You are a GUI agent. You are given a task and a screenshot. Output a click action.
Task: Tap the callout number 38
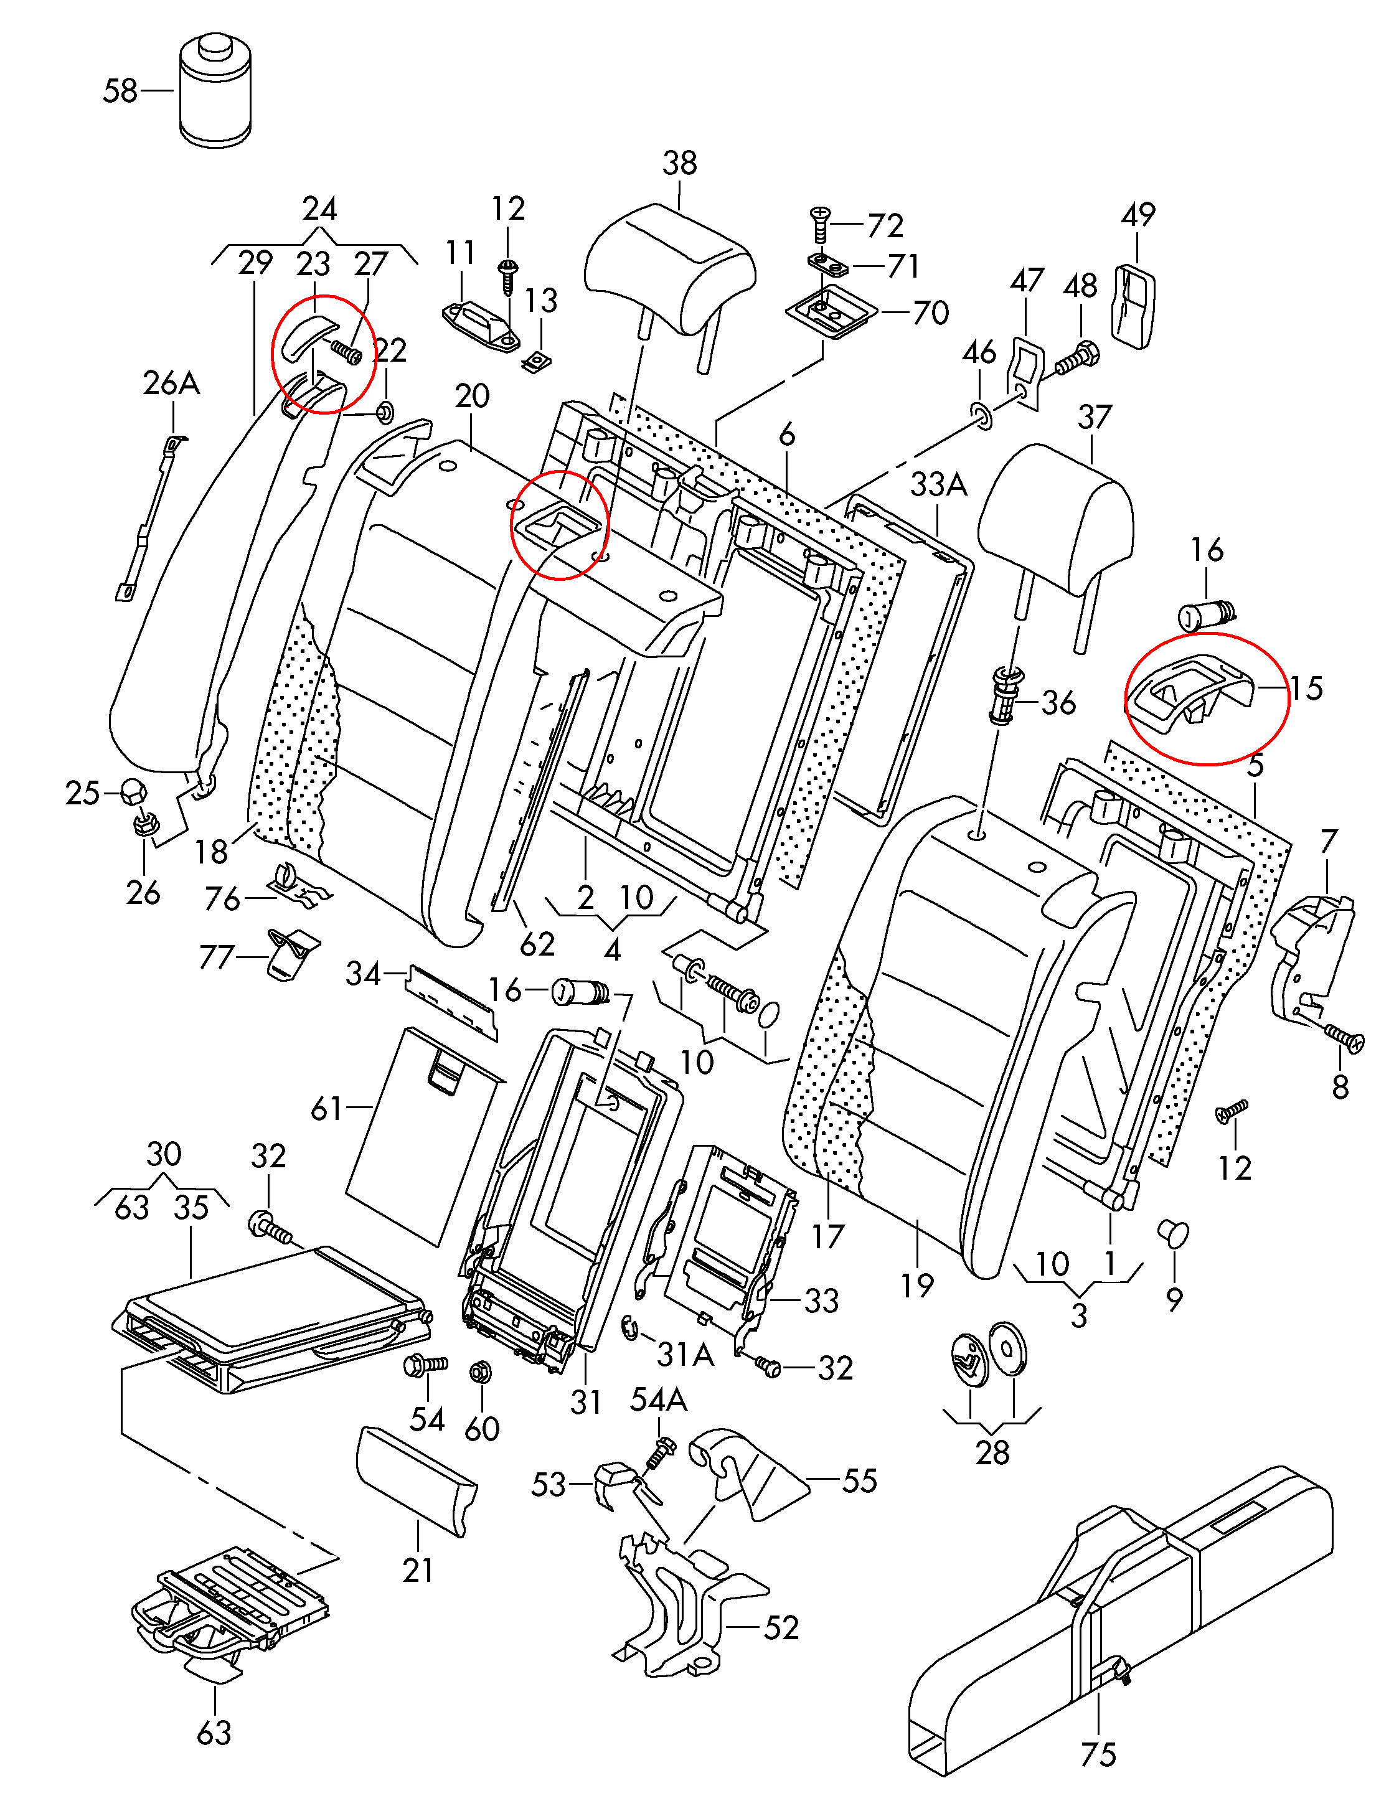(x=680, y=164)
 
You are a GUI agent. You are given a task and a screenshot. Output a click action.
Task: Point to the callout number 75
(x=1098, y=1754)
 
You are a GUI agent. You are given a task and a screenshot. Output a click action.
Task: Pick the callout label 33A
(x=938, y=484)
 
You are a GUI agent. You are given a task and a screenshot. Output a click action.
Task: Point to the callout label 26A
(x=171, y=383)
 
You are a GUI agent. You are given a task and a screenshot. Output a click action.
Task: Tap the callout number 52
(x=781, y=1627)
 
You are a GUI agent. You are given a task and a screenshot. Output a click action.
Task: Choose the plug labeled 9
(x=1174, y=1234)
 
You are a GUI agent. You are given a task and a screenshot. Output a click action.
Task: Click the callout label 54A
(x=659, y=1400)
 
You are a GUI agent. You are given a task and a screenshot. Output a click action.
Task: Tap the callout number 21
(x=418, y=1569)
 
